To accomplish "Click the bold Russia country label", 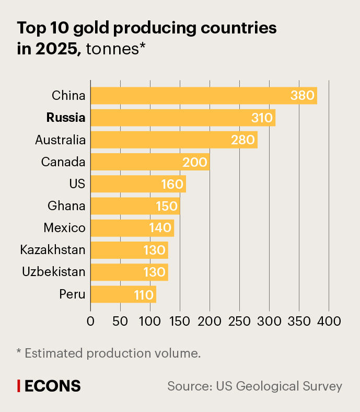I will pyautogui.click(x=66, y=118).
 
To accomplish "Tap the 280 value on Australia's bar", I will pyautogui.click(x=243, y=140).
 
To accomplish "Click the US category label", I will pyautogui.click(x=77, y=184).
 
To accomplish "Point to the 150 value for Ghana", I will pyautogui.click(x=167, y=206).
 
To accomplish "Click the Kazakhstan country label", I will pyautogui.click(x=53, y=250).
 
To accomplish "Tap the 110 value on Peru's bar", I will pyautogui.click(x=144, y=294).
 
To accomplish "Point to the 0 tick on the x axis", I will pyautogui.click(x=90, y=321).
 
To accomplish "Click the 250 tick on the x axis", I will pyautogui.click(x=239, y=321).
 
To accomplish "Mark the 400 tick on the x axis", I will pyautogui.click(x=329, y=321).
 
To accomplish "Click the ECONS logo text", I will pyautogui.click(x=53, y=386).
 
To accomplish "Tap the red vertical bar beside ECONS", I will pyautogui.click(x=19, y=386).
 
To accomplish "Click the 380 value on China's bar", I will pyautogui.click(x=303, y=96).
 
